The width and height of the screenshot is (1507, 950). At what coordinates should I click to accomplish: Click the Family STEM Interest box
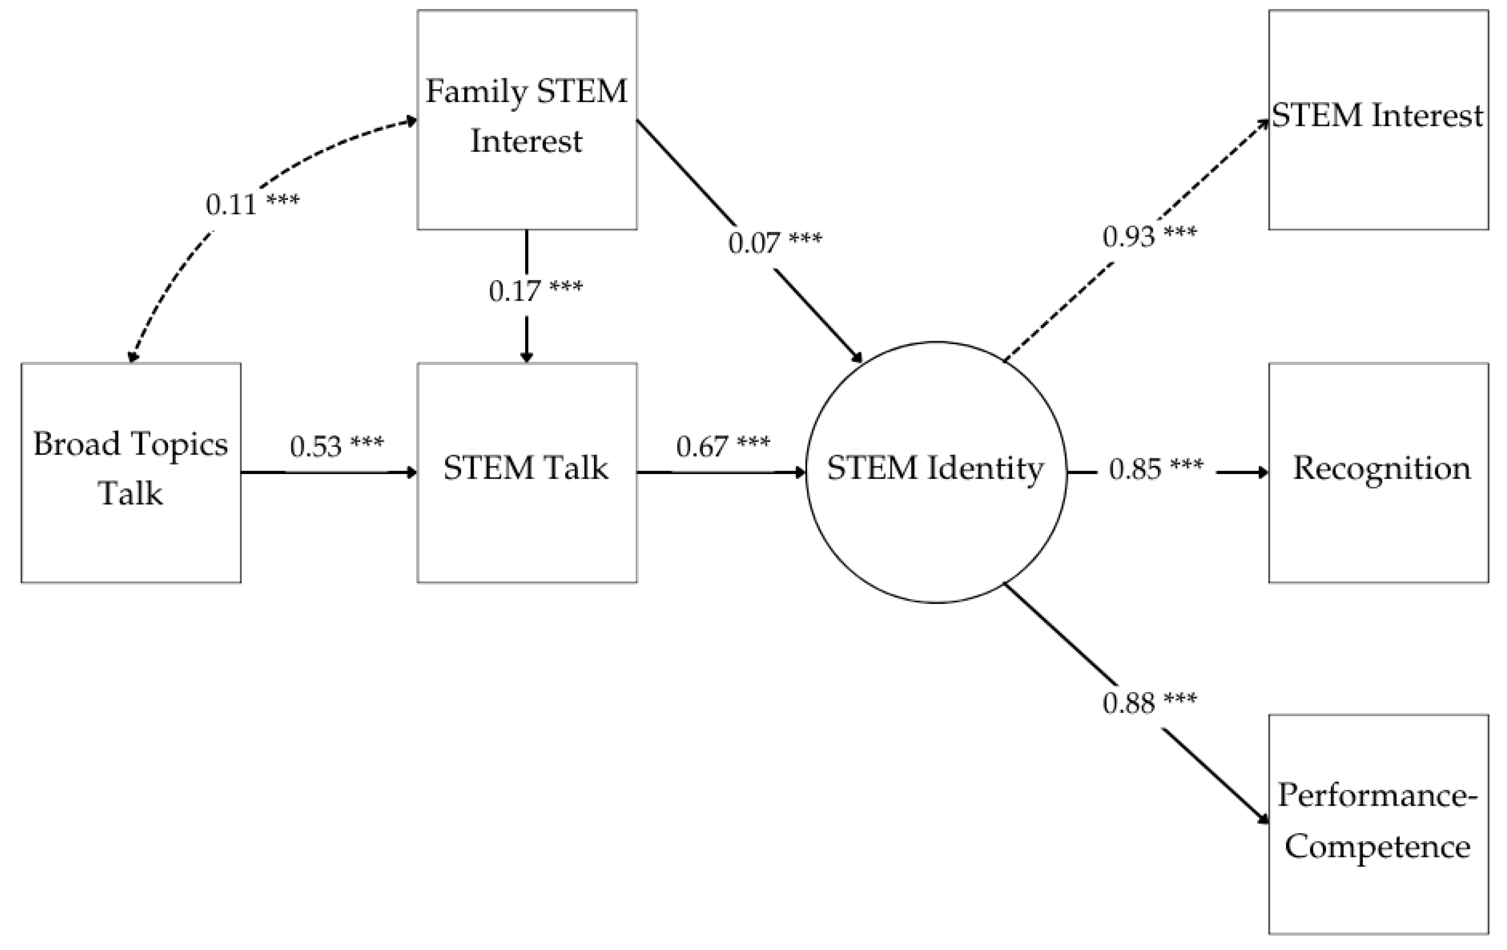527,119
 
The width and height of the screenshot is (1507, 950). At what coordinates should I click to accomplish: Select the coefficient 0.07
754,243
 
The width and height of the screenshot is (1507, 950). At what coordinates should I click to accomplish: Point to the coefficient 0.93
1129,237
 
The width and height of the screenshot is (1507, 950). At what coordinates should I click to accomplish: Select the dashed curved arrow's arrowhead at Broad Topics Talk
133,357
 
